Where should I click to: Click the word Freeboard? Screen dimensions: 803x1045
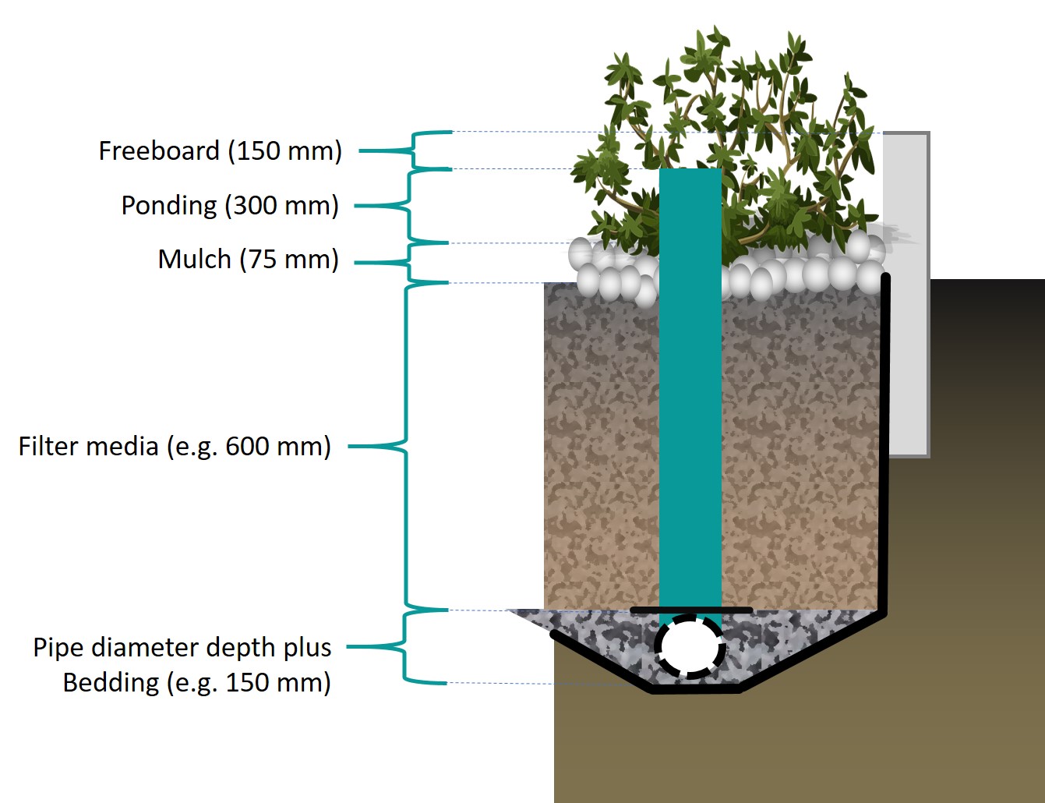point(159,150)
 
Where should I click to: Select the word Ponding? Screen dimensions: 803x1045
point(169,205)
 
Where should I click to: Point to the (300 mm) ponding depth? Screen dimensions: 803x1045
point(282,205)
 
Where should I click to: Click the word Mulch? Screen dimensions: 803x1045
point(194,259)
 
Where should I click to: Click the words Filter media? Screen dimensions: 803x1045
point(88,446)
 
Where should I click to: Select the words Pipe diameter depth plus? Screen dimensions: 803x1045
point(182,647)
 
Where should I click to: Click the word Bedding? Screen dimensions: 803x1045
point(111,682)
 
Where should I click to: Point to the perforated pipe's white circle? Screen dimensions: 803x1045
point(689,646)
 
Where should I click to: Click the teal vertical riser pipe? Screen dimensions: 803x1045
point(690,390)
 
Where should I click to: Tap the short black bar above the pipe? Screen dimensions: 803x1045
point(690,610)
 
